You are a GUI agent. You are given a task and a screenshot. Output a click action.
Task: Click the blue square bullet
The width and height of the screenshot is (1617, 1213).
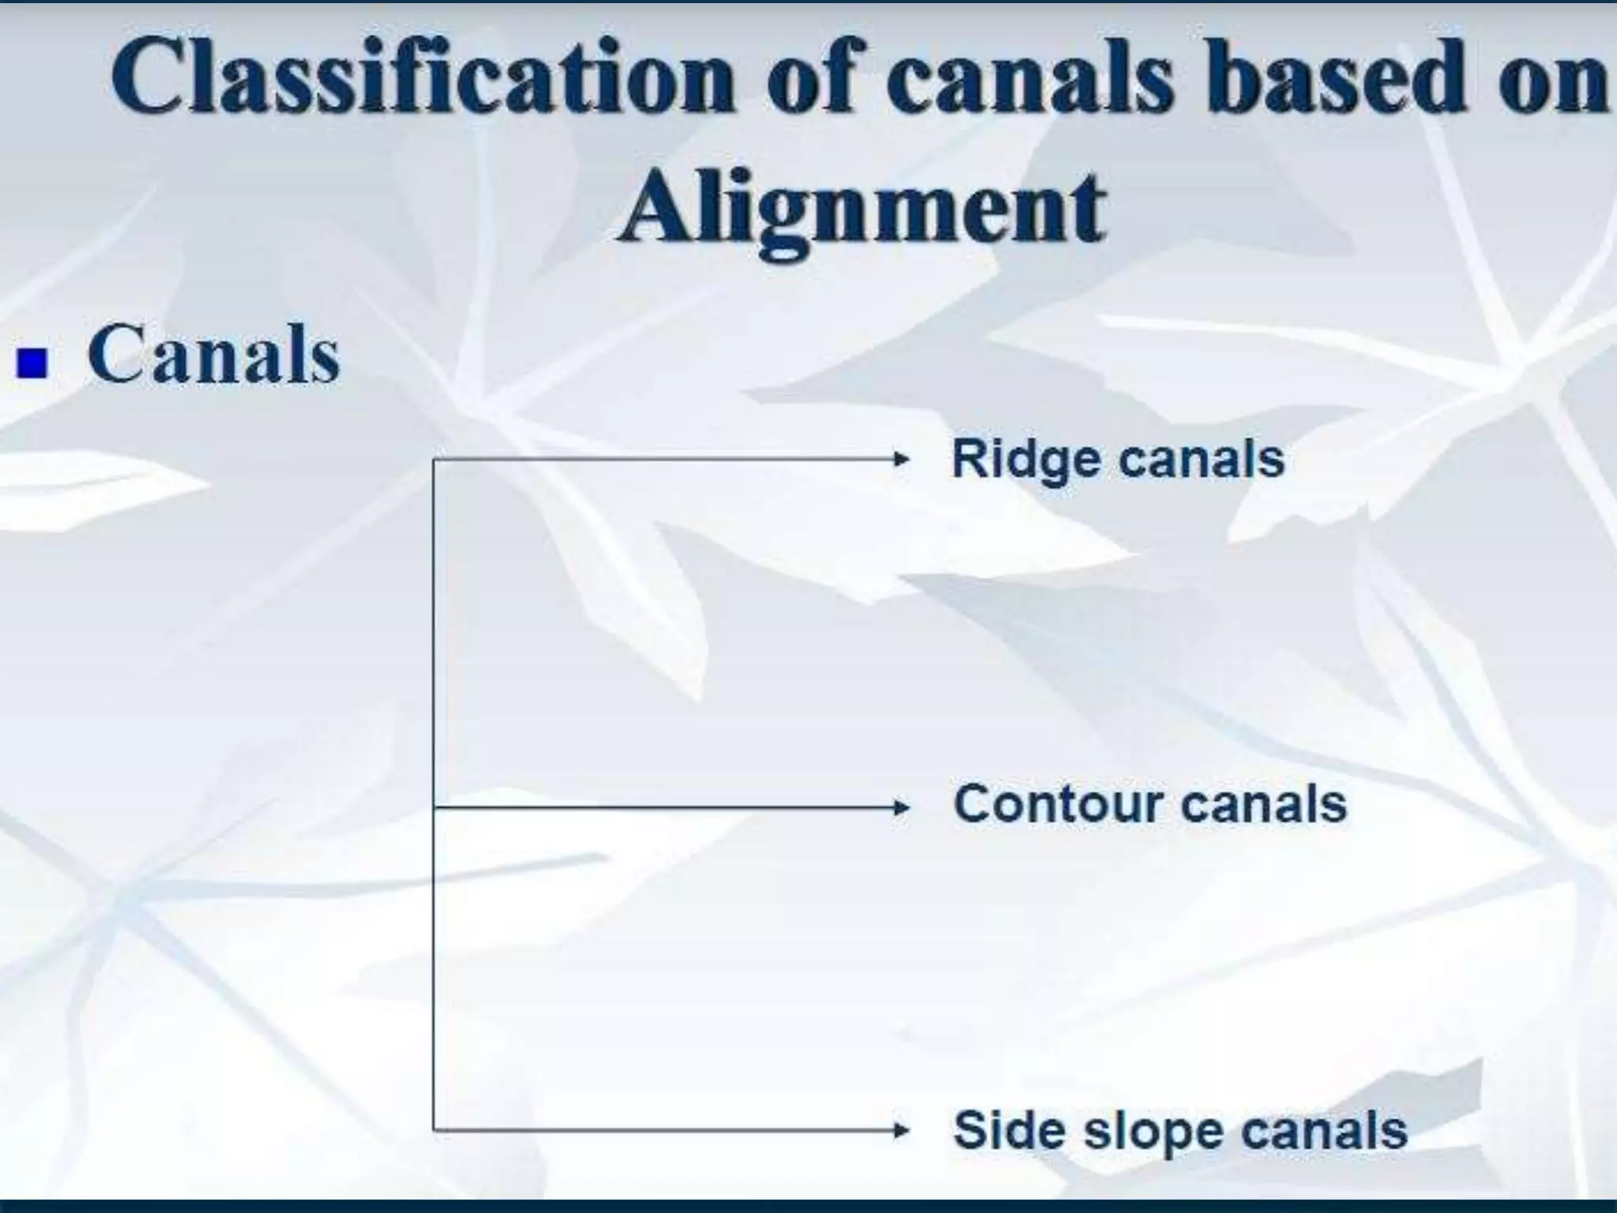click(33, 364)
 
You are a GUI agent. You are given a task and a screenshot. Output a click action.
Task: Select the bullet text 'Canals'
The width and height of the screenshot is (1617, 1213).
click(213, 355)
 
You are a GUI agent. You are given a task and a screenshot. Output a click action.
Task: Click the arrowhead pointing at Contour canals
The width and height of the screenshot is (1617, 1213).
click(898, 807)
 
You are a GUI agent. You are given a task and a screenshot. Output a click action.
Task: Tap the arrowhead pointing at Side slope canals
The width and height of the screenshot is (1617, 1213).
click(898, 1130)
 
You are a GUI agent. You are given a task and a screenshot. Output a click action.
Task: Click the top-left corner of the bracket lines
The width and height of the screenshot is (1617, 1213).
click(433, 460)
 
